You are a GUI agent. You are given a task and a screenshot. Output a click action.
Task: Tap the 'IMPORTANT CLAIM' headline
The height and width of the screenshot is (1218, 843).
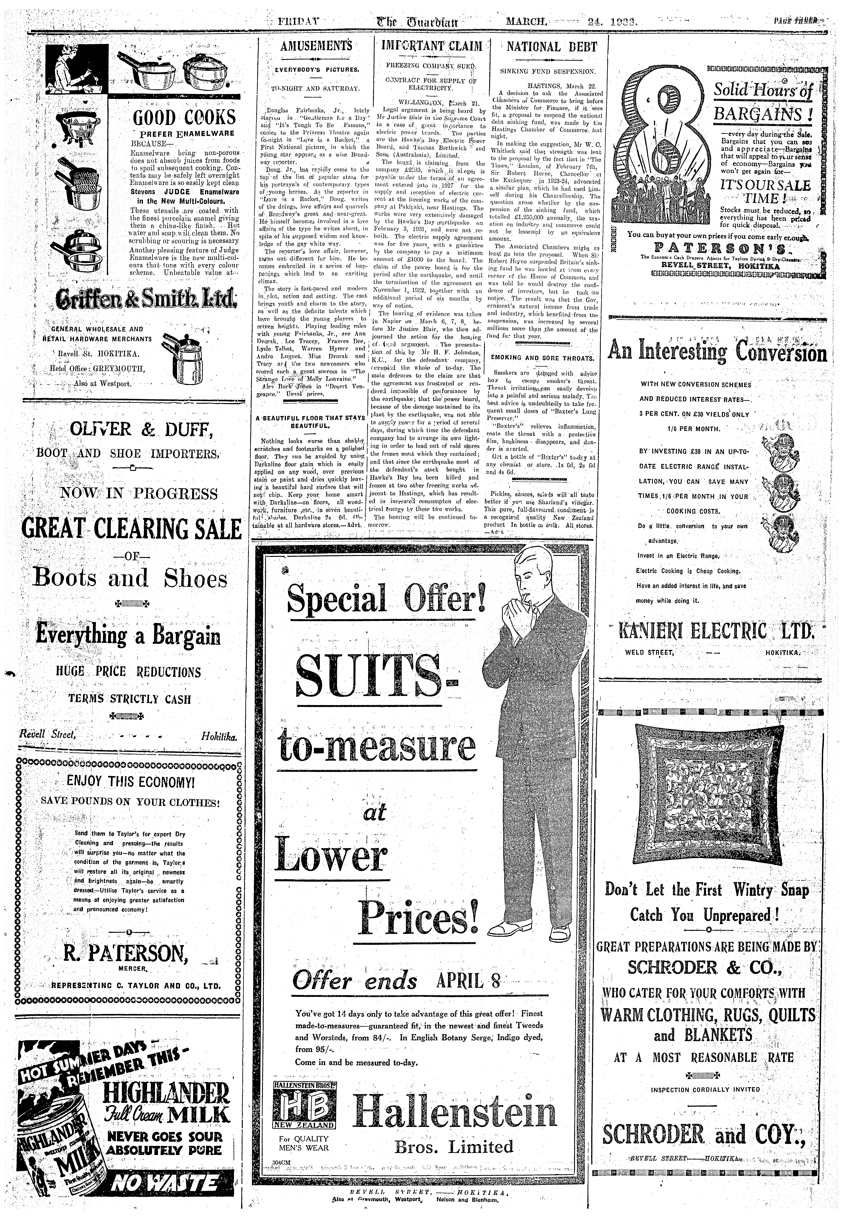pos(432,47)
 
